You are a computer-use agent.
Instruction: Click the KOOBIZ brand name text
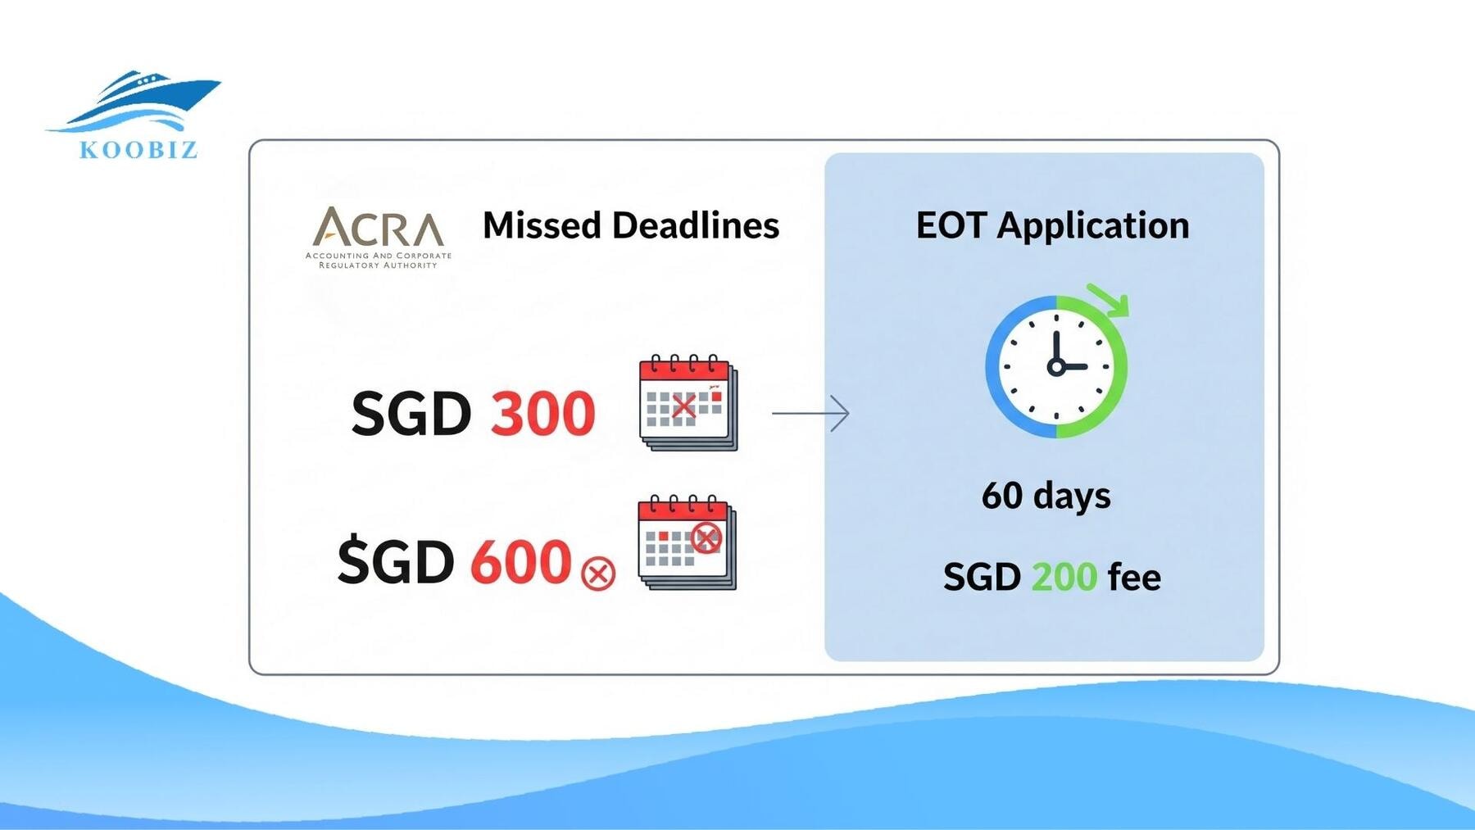[x=138, y=150]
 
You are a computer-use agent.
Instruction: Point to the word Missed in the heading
[x=542, y=225]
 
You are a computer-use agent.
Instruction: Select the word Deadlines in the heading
[x=696, y=225]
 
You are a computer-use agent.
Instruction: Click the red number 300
[x=542, y=413]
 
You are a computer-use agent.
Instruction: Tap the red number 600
[x=520, y=562]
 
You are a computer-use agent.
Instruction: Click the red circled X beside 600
[x=598, y=573]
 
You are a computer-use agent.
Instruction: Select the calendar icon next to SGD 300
[x=688, y=402]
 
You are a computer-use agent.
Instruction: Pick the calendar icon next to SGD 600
[x=687, y=542]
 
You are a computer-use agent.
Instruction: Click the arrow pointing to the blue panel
[x=810, y=413]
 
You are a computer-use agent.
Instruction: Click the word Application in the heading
[x=1093, y=226]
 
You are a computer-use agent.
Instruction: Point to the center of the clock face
[x=1056, y=366]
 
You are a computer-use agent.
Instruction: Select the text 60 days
[x=1046, y=496]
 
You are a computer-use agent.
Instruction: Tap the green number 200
[x=1064, y=577]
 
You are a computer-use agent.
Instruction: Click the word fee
[x=1134, y=577]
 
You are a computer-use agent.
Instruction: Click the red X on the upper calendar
[x=683, y=406]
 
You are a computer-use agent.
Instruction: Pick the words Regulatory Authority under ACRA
[x=378, y=265]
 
